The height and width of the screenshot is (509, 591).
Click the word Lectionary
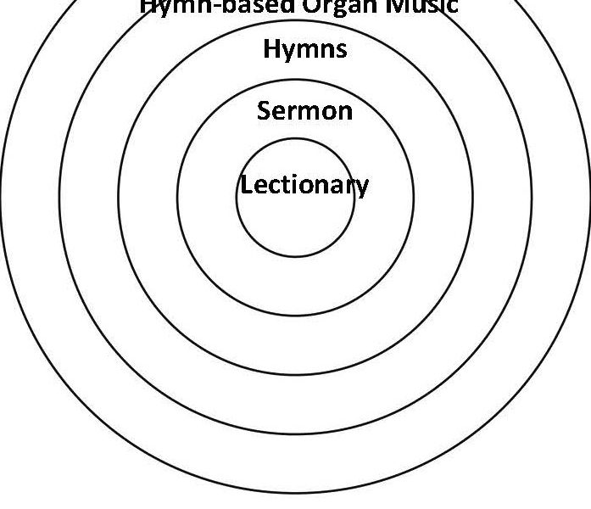tap(304, 185)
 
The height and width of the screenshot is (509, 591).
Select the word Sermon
tap(304, 110)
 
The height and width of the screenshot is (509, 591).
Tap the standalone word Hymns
tap(305, 49)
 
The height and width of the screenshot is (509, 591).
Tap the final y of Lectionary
tap(363, 187)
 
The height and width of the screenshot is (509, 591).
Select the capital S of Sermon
tap(265, 110)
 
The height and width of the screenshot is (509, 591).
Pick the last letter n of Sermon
tap(345, 112)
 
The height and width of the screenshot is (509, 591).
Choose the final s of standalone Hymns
tap(341, 50)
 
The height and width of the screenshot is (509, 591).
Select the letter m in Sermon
tap(309, 112)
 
